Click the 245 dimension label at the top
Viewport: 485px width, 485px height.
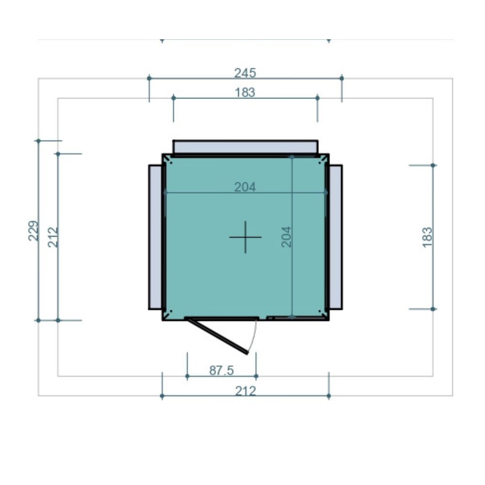pyautogui.click(x=245, y=73)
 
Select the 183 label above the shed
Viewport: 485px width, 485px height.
pyautogui.click(x=245, y=93)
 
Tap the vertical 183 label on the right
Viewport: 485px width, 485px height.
pyautogui.click(x=427, y=237)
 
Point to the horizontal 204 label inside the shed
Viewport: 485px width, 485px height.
pyautogui.click(x=245, y=187)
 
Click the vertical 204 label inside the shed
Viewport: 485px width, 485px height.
pyautogui.click(x=287, y=237)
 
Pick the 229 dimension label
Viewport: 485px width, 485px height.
pyautogui.click(x=33, y=230)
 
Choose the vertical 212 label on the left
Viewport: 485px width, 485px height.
pyautogui.click(x=53, y=237)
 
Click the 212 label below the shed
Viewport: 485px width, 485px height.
pyautogui.click(x=245, y=391)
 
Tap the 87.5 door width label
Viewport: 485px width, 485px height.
pyautogui.click(x=222, y=370)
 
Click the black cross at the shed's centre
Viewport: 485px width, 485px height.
pyautogui.click(x=245, y=237)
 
